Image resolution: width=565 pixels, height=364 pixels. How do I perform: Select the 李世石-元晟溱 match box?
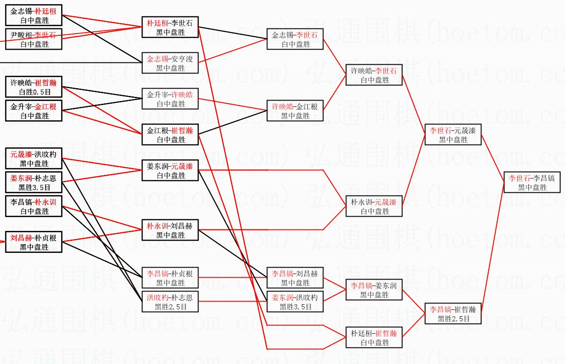click(x=453, y=134)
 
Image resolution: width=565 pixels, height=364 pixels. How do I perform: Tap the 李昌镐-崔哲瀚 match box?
click(x=453, y=314)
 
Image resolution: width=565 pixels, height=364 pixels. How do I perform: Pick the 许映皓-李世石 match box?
click(x=374, y=75)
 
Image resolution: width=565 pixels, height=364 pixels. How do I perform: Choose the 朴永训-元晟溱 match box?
click(x=374, y=206)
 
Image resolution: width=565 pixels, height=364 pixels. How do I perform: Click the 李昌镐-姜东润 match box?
click(x=374, y=290)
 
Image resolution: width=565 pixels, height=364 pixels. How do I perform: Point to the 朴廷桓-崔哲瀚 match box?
click(x=374, y=337)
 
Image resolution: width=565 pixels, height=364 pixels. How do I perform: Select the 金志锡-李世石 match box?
click(x=295, y=39)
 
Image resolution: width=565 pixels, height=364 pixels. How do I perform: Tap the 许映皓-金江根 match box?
click(x=295, y=111)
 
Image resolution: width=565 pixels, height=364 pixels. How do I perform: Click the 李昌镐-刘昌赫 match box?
click(x=295, y=278)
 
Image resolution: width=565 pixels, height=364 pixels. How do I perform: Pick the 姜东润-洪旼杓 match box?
click(x=295, y=302)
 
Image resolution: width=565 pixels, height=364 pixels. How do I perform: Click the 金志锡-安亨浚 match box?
click(x=170, y=63)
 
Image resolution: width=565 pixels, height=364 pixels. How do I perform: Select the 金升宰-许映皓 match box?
click(x=170, y=99)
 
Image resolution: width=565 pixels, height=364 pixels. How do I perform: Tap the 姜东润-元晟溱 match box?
click(x=170, y=170)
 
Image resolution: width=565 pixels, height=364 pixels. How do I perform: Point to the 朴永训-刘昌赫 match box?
click(x=170, y=230)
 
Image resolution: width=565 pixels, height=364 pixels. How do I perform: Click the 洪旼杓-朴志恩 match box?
click(x=170, y=302)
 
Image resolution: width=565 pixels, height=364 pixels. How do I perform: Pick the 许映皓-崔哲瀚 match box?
click(x=34, y=87)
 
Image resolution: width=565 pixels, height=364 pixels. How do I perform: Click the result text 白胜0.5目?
click(x=34, y=92)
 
